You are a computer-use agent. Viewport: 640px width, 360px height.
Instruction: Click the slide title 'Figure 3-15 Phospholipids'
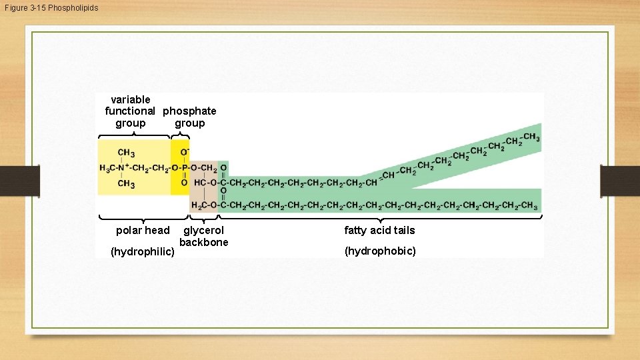click(x=50, y=7)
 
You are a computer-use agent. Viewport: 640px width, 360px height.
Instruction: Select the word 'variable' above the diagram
click(x=130, y=99)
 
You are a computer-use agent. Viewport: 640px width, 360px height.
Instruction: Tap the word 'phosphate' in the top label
click(x=189, y=111)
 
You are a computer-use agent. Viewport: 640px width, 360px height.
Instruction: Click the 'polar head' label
click(x=143, y=230)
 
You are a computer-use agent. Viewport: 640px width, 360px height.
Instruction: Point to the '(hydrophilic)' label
click(x=143, y=251)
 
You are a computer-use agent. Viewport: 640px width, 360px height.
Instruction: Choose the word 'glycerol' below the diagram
click(x=203, y=230)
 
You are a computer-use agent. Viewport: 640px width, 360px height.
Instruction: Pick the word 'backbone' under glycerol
click(x=203, y=242)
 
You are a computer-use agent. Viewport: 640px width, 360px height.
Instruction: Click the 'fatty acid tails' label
click(x=379, y=230)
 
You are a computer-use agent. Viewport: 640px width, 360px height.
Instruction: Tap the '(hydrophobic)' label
click(x=379, y=251)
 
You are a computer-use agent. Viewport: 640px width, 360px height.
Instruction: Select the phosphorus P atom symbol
click(x=184, y=168)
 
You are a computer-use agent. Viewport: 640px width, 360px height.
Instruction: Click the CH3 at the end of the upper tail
click(x=531, y=137)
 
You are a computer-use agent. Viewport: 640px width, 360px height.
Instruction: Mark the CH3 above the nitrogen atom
click(x=126, y=153)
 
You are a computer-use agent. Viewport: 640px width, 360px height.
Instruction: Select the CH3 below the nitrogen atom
click(x=126, y=183)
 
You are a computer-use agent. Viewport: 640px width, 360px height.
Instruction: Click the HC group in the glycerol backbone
click(x=199, y=181)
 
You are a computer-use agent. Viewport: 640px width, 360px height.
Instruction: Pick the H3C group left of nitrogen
click(x=109, y=168)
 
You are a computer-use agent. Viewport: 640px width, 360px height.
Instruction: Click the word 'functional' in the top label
click(x=130, y=111)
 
